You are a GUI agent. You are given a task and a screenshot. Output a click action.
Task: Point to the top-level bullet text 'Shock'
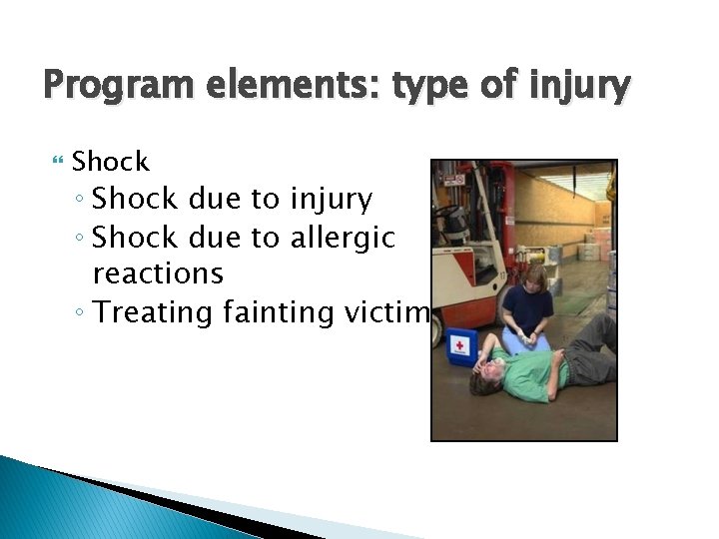(110, 161)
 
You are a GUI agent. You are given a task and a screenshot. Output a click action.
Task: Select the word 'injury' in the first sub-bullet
(330, 200)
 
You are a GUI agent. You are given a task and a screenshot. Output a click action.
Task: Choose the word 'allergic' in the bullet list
(342, 238)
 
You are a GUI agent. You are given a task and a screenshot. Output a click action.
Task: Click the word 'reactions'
(157, 272)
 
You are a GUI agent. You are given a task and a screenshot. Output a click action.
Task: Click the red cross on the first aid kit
(458, 345)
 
